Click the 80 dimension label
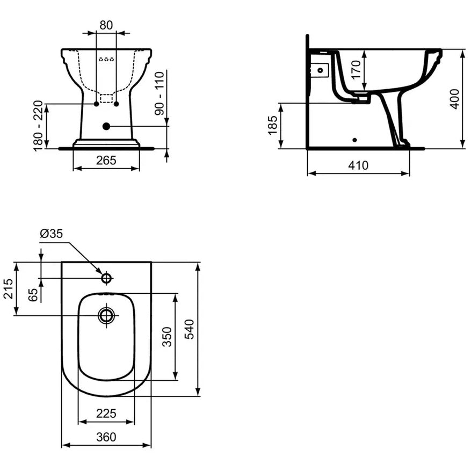(x=106, y=25)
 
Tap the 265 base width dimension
(x=106, y=161)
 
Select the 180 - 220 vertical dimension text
(x=39, y=126)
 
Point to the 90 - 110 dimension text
(x=159, y=93)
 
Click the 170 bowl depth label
(x=356, y=69)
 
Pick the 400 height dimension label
(x=455, y=99)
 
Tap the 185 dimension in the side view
(x=273, y=125)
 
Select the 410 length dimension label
(x=358, y=165)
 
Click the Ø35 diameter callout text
(x=52, y=234)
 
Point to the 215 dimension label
(x=9, y=288)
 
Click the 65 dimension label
(x=33, y=295)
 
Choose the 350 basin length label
(x=167, y=337)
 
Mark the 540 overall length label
(x=189, y=330)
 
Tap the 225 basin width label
(x=106, y=414)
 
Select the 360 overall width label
(x=106, y=437)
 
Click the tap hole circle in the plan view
(x=106, y=278)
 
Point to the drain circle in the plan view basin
(x=106, y=315)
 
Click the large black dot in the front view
(x=106, y=126)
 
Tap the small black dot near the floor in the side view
(x=355, y=140)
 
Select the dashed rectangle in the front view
(x=106, y=98)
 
